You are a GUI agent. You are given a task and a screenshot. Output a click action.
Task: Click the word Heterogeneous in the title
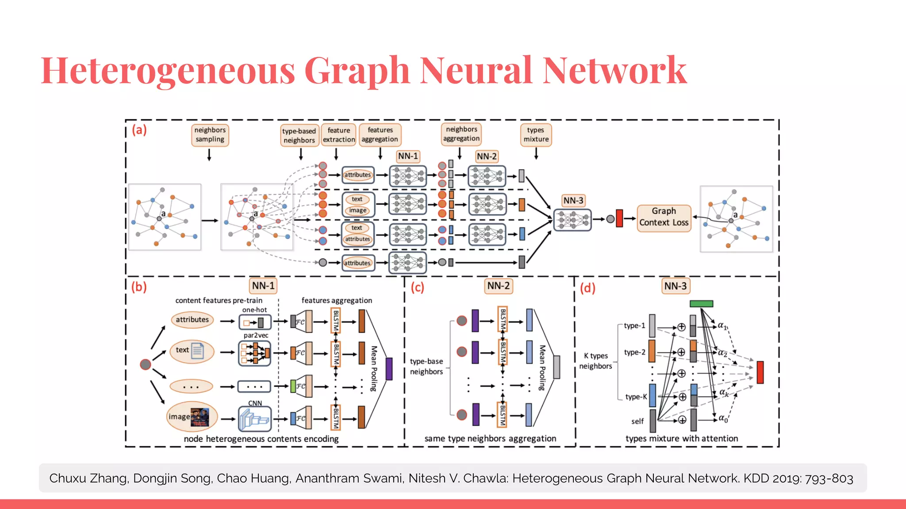(x=168, y=71)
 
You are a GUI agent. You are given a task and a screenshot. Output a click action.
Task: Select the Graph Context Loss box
(x=664, y=217)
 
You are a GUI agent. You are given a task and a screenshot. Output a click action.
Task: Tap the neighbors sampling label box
(x=210, y=135)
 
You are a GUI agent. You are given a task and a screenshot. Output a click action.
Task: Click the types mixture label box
(x=536, y=135)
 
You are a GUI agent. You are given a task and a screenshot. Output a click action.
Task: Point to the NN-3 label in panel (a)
(x=573, y=201)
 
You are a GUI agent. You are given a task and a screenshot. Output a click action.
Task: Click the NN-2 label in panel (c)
(x=499, y=286)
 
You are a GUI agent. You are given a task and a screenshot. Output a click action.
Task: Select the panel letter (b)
(x=139, y=287)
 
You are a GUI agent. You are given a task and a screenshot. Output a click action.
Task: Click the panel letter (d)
(x=587, y=288)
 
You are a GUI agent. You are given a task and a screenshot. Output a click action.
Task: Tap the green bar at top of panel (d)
(x=701, y=304)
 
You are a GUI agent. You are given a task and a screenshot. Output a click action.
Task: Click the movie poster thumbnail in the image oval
(x=200, y=417)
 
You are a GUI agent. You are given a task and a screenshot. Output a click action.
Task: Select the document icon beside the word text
(x=197, y=351)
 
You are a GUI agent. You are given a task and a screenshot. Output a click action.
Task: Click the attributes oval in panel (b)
(x=192, y=320)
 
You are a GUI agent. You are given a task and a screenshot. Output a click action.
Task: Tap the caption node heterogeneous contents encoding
(x=261, y=439)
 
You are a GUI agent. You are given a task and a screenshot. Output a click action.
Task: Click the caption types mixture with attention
(x=681, y=438)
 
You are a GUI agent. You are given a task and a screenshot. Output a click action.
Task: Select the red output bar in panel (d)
(x=760, y=372)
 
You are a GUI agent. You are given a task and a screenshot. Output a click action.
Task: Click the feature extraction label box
(x=339, y=135)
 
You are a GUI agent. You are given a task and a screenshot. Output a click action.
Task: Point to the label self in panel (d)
(x=637, y=422)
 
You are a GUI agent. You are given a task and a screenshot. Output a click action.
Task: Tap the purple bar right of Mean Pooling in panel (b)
(x=389, y=369)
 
